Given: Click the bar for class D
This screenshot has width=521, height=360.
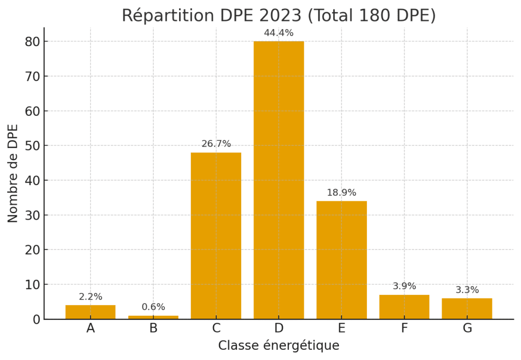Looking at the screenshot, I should click(279, 180).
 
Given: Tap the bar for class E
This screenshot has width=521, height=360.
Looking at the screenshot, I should click(341, 260).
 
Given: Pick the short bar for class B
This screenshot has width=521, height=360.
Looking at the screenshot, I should click(153, 317).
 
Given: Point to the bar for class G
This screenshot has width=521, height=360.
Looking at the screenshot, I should click(467, 309).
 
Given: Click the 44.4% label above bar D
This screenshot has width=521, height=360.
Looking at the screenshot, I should click(279, 33).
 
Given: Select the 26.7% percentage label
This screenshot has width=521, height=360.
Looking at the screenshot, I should click(216, 144).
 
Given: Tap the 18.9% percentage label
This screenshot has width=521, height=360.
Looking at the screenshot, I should click(341, 193).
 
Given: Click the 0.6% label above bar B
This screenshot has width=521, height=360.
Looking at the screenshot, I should click(153, 307).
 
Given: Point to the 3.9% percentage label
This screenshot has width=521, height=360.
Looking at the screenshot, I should click(404, 286).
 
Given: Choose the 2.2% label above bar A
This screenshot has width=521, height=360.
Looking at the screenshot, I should click(91, 297).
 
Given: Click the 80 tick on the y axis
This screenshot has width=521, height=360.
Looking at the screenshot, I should click(32, 42).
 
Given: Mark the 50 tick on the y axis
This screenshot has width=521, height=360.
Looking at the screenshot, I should click(32, 146).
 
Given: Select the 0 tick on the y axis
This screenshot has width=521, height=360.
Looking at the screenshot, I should click(36, 319).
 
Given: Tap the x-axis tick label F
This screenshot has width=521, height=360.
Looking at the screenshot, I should click(404, 328).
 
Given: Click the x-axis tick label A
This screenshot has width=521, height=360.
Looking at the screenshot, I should click(91, 328).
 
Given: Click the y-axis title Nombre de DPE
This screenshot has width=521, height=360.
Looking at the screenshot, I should click(13, 173).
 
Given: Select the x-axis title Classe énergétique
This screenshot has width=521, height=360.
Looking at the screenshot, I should click(279, 346).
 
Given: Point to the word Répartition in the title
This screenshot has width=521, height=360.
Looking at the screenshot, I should click(160, 16).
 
